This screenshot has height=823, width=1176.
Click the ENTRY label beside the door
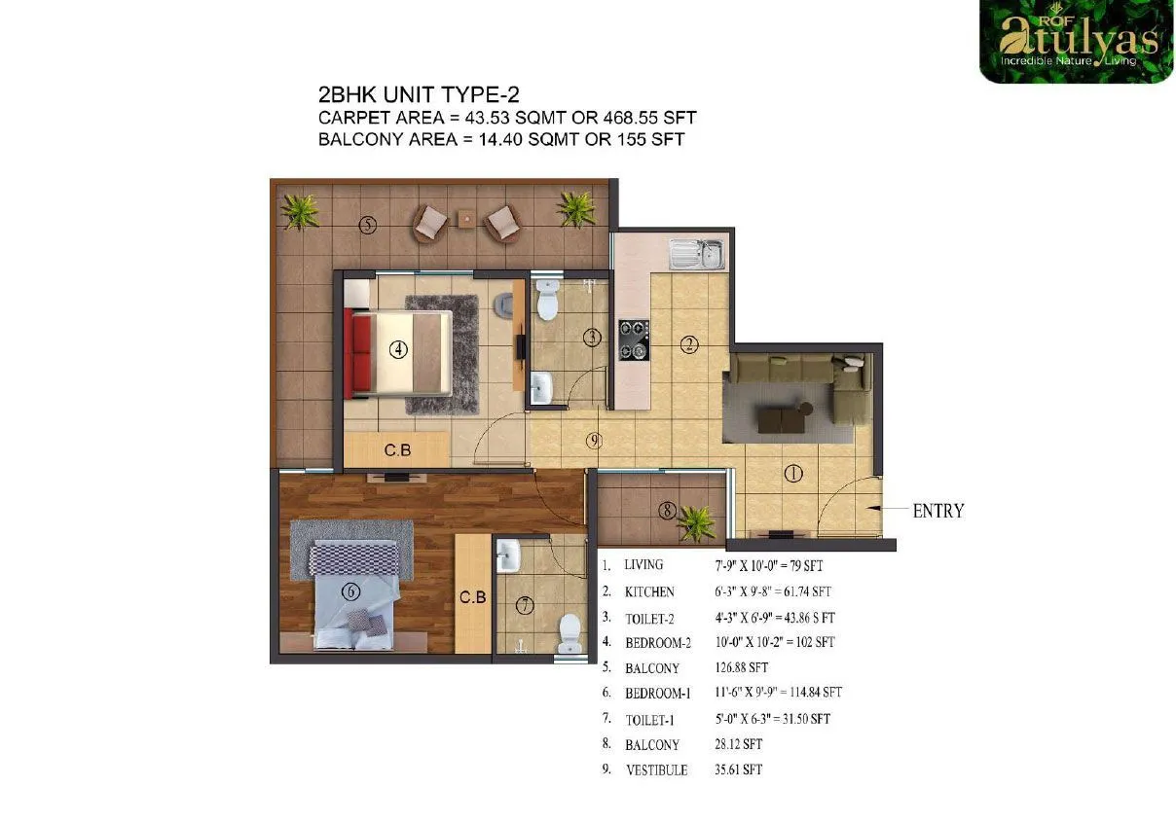[937, 510]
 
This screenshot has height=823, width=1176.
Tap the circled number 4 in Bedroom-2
[397, 350]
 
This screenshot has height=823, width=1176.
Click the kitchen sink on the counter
[696, 255]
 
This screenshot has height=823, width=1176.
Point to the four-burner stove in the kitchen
[632, 340]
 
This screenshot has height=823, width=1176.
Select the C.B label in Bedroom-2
[396, 449]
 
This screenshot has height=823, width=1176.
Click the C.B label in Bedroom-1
[473, 596]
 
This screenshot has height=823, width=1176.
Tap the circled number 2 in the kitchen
[689, 343]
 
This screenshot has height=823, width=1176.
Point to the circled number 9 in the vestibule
[595, 441]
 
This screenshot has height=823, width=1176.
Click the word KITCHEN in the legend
[649, 591]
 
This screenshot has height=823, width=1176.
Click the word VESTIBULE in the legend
[656, 770]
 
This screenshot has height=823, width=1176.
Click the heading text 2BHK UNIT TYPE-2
[420, 95]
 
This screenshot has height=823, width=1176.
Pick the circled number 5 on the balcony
[367, 226]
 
